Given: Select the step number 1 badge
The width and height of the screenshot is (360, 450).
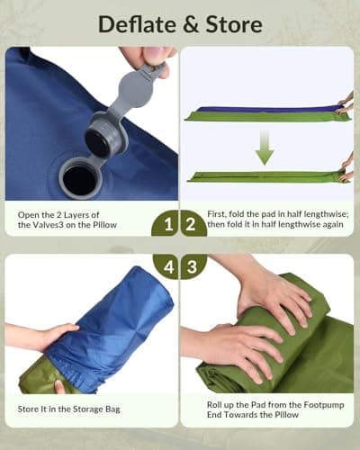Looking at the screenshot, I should click(x=166, y=222).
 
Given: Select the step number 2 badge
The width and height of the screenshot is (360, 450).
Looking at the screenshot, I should click(x=193, y=222).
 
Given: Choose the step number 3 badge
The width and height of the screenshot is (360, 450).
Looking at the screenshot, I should click(x=193, y=268).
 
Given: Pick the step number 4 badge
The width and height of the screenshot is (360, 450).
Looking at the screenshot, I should click(x=166, y=268).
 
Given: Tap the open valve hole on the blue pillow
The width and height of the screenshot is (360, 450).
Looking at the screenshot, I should click(x=80, y=179).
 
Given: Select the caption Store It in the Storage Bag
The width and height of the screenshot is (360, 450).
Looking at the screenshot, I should click(x=69, y=409).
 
